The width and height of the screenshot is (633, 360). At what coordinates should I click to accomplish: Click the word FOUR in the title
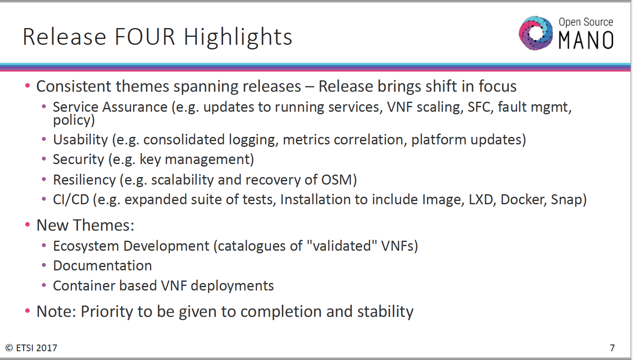click(x=145, y=37)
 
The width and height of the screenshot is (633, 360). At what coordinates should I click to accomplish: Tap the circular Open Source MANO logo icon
click(x=535, y=33)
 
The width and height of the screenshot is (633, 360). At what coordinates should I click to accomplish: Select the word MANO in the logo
click(x=586, y=40)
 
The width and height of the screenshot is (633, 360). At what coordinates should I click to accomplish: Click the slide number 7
click(x=612, y=348)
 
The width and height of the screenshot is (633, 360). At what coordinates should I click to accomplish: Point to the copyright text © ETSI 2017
click(x=31, y=348)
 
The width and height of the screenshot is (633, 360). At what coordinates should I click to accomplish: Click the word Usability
click(x=80, y=139)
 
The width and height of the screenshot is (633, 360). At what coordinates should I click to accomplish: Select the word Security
click(x=79, y=159)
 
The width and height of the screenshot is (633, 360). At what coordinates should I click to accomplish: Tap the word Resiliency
click(x=85, y=180)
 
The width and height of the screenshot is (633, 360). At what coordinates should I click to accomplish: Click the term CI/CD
click(x=71, y=200)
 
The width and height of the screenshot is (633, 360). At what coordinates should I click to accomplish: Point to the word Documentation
click(x=102, y=266)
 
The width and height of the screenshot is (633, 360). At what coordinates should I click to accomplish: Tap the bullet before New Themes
click(x=27, y=225)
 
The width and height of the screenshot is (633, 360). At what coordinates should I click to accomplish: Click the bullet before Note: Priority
click(x=27, y=311)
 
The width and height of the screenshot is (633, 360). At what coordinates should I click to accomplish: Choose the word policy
click(x=74, y=121)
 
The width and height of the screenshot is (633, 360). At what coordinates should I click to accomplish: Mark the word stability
click(x=385, y=312)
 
